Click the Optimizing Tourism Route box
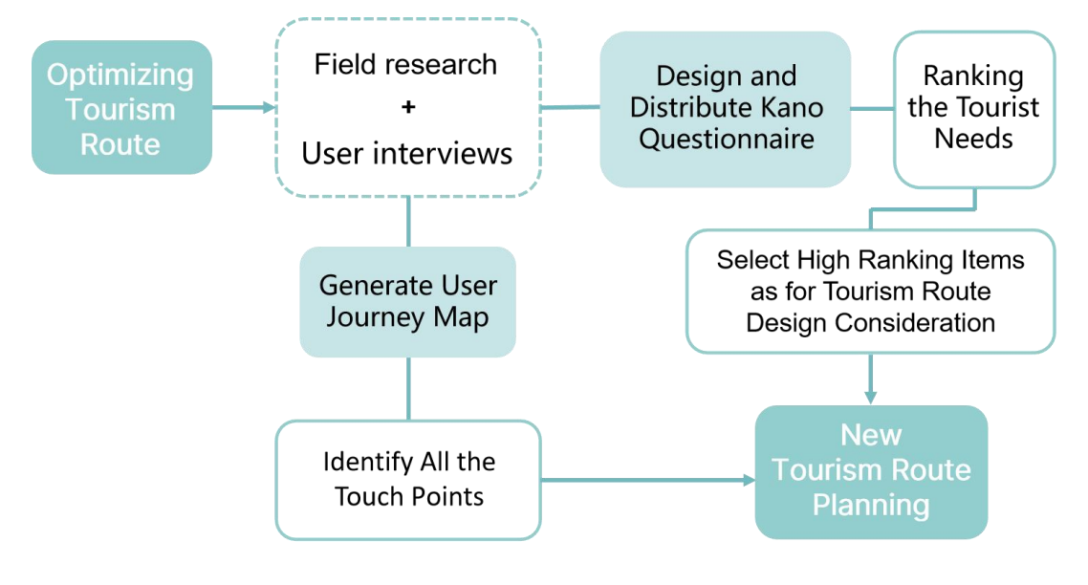coord(121,108)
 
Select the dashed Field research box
coord(408,108)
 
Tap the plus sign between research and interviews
coord(408,107)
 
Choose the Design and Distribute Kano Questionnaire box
coord(725,109)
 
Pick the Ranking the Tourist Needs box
coord(974,109)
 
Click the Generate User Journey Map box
coord(408,302)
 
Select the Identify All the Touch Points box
coord(408,480)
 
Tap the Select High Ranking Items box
coord(871,292)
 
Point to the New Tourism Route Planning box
coord(872,472)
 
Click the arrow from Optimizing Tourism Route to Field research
coord(244,108)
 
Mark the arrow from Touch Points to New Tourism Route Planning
coord(648,480)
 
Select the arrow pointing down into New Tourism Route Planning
coord(871,379)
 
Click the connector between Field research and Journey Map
coord(408,222)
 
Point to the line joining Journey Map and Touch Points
coord(408,389)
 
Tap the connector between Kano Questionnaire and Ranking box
coord(872,109)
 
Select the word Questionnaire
coord(727,140)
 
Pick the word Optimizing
coord(120,75)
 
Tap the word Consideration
coord(915,323)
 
